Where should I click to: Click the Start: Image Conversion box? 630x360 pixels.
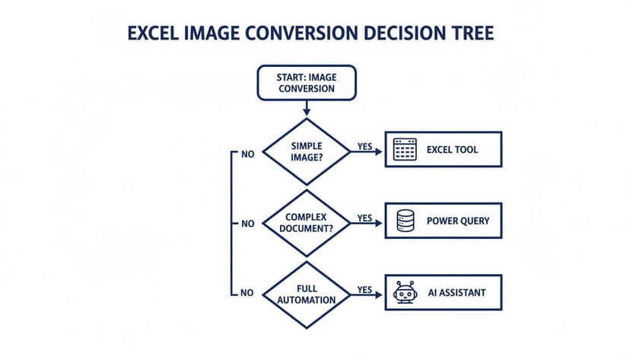pos(307,82)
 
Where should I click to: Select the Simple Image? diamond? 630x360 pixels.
pos(307,150)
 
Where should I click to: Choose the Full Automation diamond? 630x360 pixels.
pos(307,295)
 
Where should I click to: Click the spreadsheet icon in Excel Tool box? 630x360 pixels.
pos(405,150)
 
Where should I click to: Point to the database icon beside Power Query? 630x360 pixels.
pos(405,221)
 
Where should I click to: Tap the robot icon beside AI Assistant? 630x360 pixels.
pos(405,292)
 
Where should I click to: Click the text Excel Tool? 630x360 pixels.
pos(452,150)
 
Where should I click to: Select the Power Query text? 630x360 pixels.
pos(457,221)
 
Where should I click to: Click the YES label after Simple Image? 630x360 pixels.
pos(364,145)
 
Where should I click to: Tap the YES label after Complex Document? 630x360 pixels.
pos(364,218)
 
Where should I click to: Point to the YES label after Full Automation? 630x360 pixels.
pos(364,290)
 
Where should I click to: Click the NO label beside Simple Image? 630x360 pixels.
pos(247,154)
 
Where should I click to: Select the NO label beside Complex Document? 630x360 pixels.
pos(247,225)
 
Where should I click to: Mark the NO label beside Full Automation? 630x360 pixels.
pos(247,293)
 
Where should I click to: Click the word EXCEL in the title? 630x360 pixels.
pos(158,34)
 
